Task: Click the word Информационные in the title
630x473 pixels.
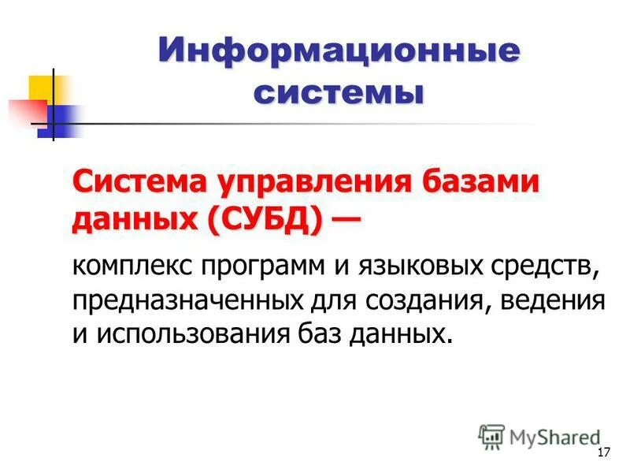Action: point(339,53)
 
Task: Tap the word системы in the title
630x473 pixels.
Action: point(339,93)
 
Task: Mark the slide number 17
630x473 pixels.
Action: point(604,453)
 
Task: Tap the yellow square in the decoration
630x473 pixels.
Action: point(44,87)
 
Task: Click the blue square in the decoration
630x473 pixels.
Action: point(60,121)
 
